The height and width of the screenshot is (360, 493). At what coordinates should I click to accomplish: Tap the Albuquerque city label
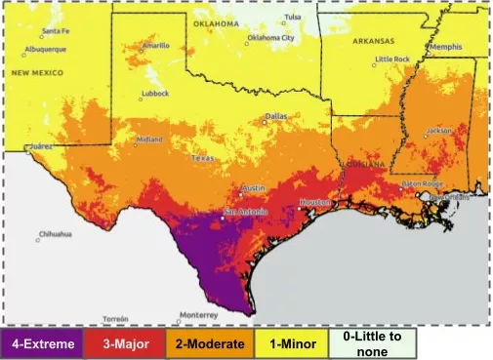pyautogui.click(x=45, y=48)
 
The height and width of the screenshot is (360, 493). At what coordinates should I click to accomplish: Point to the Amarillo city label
pyautogui.click(x=156, y=45)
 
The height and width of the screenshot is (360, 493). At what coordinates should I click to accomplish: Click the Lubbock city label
pyautogui.click(x=154, y=94)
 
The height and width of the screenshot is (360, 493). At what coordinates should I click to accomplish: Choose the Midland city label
pyautogui.click(x=149, y=139)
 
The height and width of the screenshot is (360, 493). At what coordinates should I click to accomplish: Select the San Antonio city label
pyautogui.click(x=243, y=212)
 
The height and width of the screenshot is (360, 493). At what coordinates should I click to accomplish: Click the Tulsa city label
pyautogui.click(x=293, y=17)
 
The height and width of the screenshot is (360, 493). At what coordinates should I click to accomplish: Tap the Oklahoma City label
pyautogui.click(x=270, y=37)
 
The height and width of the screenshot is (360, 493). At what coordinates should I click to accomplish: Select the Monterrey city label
pyautogui.click(x=199, y=314)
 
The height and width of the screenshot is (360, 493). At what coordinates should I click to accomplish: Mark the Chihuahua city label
pyautogui.click(x=55, y=234)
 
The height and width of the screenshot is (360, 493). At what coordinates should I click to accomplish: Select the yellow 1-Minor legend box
pyautogui.click(x=285, y=343)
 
